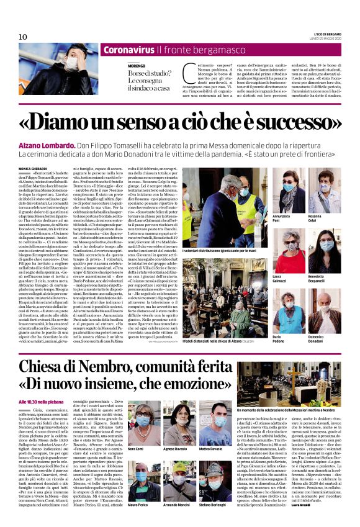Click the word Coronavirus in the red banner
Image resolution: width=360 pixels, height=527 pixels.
point(128,49)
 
